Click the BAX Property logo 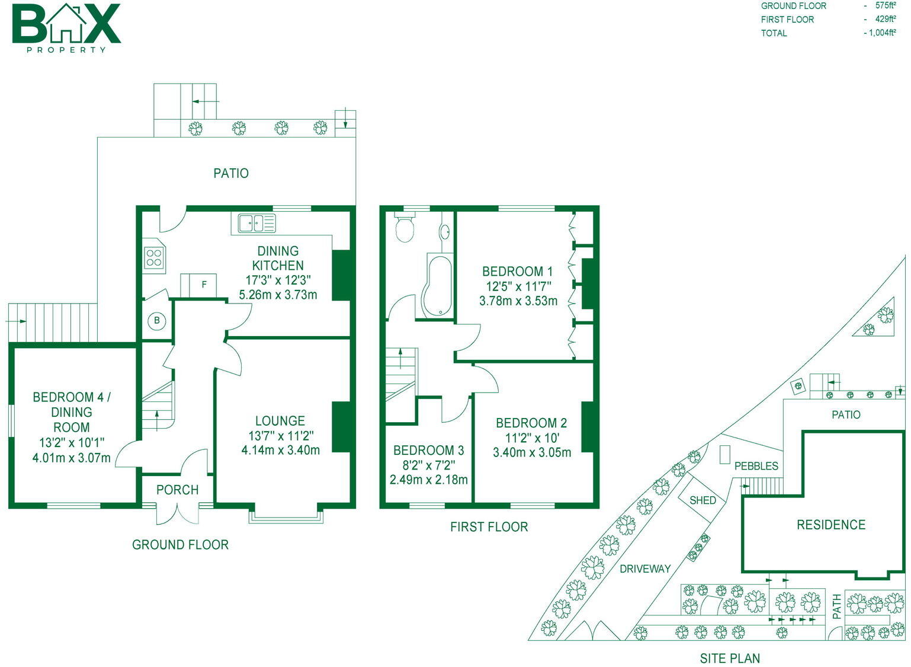tap(66, 27)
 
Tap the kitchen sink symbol tap(256, 223)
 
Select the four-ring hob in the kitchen tap(154, 258)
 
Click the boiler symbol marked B tap(157, 321)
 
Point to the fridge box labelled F tap(198, 285)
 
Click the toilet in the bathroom tap(405, 228)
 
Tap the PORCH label tap(177, 490)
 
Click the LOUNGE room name tap(280, 421)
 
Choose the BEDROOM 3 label tap(428, 451)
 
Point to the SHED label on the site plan tap(703, 500)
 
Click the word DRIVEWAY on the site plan tap(645, 569)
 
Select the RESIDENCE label tap(830, 525)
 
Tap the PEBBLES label tap(756, 466)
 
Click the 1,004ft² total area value tap(882, 33)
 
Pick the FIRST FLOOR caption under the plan tap(489, 526)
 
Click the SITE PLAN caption tap(730, 658)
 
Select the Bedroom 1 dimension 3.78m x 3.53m tap(518, 301)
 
